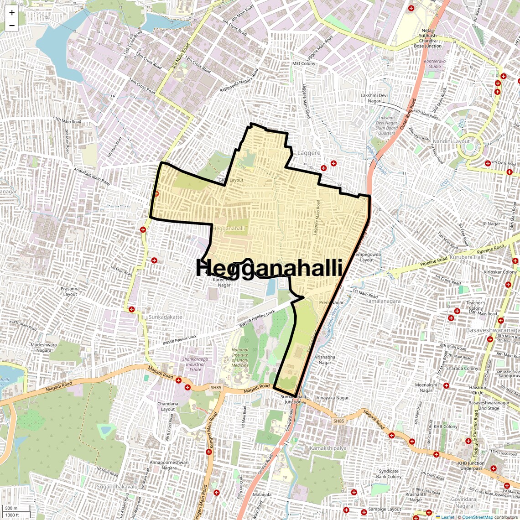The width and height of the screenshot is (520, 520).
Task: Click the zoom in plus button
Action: [x=12, y=13]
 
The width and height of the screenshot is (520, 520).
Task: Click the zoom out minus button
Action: [x=12, y=26]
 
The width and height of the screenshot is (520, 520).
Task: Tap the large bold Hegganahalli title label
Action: [x=269, y=268]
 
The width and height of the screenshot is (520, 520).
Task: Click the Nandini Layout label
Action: [x=451, y=141]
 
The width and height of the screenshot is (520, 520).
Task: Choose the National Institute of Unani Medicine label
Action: [x=240, y=357]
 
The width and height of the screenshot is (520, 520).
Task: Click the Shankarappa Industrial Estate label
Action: [x=193, y=364]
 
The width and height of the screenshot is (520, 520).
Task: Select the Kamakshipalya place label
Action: [x=328, y=448]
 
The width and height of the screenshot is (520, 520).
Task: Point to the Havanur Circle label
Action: [x=478, y=390]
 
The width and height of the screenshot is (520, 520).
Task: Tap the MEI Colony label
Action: [x=304, y=64]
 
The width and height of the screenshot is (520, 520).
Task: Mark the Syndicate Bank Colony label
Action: [x=388, y=474]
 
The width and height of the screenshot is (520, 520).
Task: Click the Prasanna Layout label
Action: [x=70, y=291]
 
